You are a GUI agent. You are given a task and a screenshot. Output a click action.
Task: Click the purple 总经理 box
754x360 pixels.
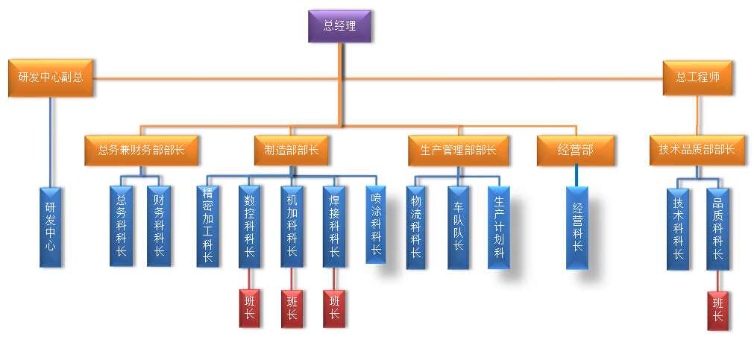point(339,26)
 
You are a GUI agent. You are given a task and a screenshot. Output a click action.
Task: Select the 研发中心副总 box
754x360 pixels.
point(51,77)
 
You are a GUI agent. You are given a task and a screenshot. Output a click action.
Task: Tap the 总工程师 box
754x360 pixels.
point(697,77)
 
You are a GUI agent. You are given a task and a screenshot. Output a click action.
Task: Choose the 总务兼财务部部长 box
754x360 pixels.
point(142,150)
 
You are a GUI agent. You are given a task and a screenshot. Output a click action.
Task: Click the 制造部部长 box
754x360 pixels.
point(291,150)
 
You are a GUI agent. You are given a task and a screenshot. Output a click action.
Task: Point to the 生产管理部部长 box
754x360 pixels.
point(458,150)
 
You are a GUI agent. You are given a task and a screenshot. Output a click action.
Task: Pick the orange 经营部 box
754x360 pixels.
point(576,150)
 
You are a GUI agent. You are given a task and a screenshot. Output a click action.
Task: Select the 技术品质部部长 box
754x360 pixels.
point(697,149)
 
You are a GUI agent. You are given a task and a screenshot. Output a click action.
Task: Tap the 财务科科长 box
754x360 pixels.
point(159,226)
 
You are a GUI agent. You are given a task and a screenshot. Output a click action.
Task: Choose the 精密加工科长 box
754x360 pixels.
point(207,226)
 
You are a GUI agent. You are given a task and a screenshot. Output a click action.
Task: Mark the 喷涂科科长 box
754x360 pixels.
point(376,224)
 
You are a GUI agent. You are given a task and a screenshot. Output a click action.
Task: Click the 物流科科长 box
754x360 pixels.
point(416,227)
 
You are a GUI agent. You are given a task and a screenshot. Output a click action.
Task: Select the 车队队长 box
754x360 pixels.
point(458,227)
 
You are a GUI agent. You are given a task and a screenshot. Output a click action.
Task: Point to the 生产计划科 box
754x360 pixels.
point(499,227)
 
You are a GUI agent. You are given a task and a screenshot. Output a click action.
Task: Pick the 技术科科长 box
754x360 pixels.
point(678,228)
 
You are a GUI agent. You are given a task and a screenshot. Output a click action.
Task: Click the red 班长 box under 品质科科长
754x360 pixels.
point(717,310)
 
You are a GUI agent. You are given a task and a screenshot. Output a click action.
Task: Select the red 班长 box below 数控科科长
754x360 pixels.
point(249,307)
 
